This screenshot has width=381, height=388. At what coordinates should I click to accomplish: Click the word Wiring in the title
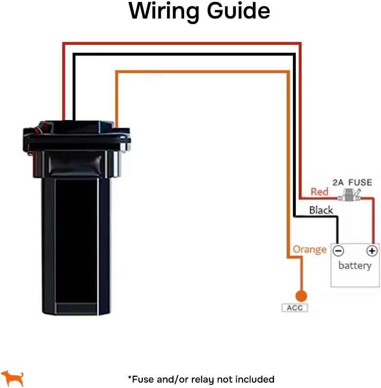pos(165,11)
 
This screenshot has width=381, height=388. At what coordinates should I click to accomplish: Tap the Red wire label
pos(319,192)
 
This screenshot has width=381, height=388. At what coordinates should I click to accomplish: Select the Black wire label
pos(321,210)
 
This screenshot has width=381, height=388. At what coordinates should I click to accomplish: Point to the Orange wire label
pos(309,250)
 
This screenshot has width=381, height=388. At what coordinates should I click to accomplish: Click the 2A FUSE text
pos(352,183)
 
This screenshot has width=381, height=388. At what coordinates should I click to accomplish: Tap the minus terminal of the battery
pos(338,251)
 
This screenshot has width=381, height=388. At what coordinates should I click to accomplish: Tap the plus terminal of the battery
pos(372,251)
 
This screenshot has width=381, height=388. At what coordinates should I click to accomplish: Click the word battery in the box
pos(355,266)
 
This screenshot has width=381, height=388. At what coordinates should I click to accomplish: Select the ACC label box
pos(295,308)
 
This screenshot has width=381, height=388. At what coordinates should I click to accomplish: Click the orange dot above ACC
pos(301,296)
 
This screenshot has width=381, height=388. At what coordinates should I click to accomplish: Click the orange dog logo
pos(13,378)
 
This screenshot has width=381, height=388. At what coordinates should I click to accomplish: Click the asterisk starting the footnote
pos(130,378)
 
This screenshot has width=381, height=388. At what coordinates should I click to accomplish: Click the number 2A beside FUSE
pos(338,183)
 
